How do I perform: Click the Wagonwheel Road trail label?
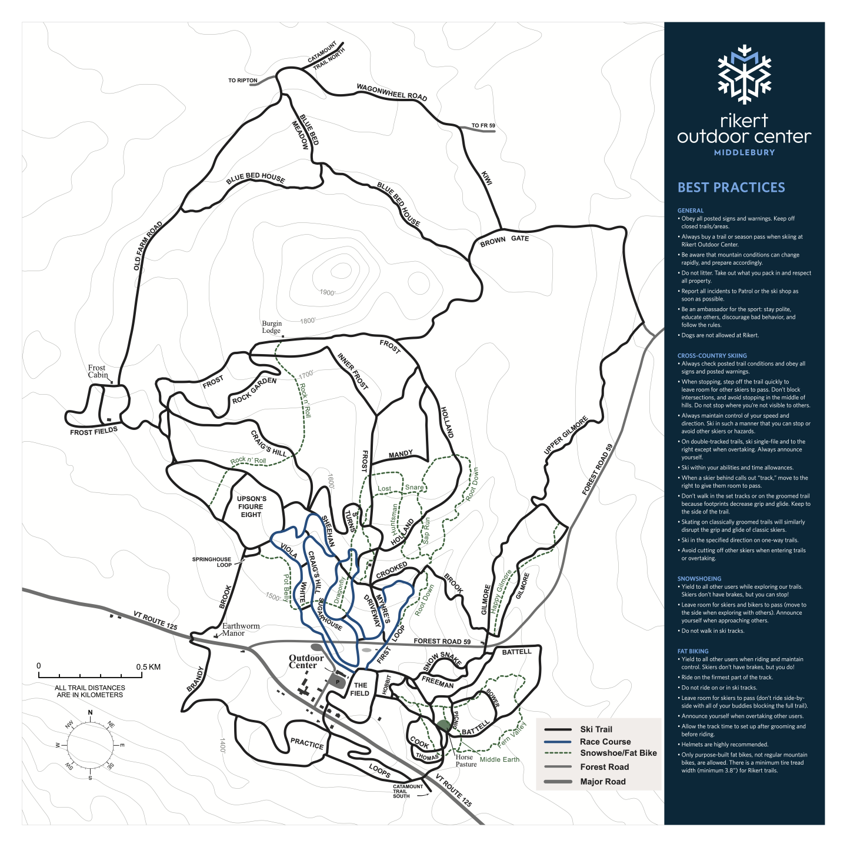point(392,92)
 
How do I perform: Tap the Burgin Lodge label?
point(272,327)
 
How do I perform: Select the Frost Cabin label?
point(98,371)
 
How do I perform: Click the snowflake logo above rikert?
point(745,74)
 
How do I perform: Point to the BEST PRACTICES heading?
point(731,188)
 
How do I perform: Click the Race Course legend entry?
point(605,742)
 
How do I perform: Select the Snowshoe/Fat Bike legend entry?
point(618,753)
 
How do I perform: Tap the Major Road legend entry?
point(602,782)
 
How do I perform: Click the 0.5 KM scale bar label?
point(148,667)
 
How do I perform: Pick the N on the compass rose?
point(90,713)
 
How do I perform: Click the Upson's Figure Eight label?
point(251,506)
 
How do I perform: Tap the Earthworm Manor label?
point(241,629)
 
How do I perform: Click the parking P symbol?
point(338,682)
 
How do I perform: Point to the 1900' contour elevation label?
point(328,292)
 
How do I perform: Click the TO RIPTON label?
point(242,81)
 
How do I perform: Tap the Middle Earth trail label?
point(499,759)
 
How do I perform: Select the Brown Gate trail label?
point(504,240)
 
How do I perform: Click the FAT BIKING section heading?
point(692,651)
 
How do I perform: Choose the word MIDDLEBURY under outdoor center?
point(744,152)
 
